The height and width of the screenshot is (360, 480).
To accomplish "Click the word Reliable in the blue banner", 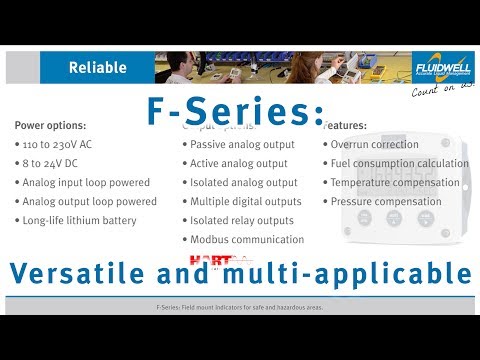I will point(97,68).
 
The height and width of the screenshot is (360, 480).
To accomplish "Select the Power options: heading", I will point(50,126).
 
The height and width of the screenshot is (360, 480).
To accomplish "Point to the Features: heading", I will point(345,126).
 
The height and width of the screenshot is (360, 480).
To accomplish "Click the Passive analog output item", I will point(243,144).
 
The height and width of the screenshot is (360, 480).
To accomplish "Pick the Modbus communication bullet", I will point(247,239).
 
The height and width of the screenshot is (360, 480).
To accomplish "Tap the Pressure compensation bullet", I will point(386,201).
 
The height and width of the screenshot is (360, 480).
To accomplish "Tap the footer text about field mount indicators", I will point(240,307).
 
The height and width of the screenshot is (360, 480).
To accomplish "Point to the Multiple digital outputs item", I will point(245,201).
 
